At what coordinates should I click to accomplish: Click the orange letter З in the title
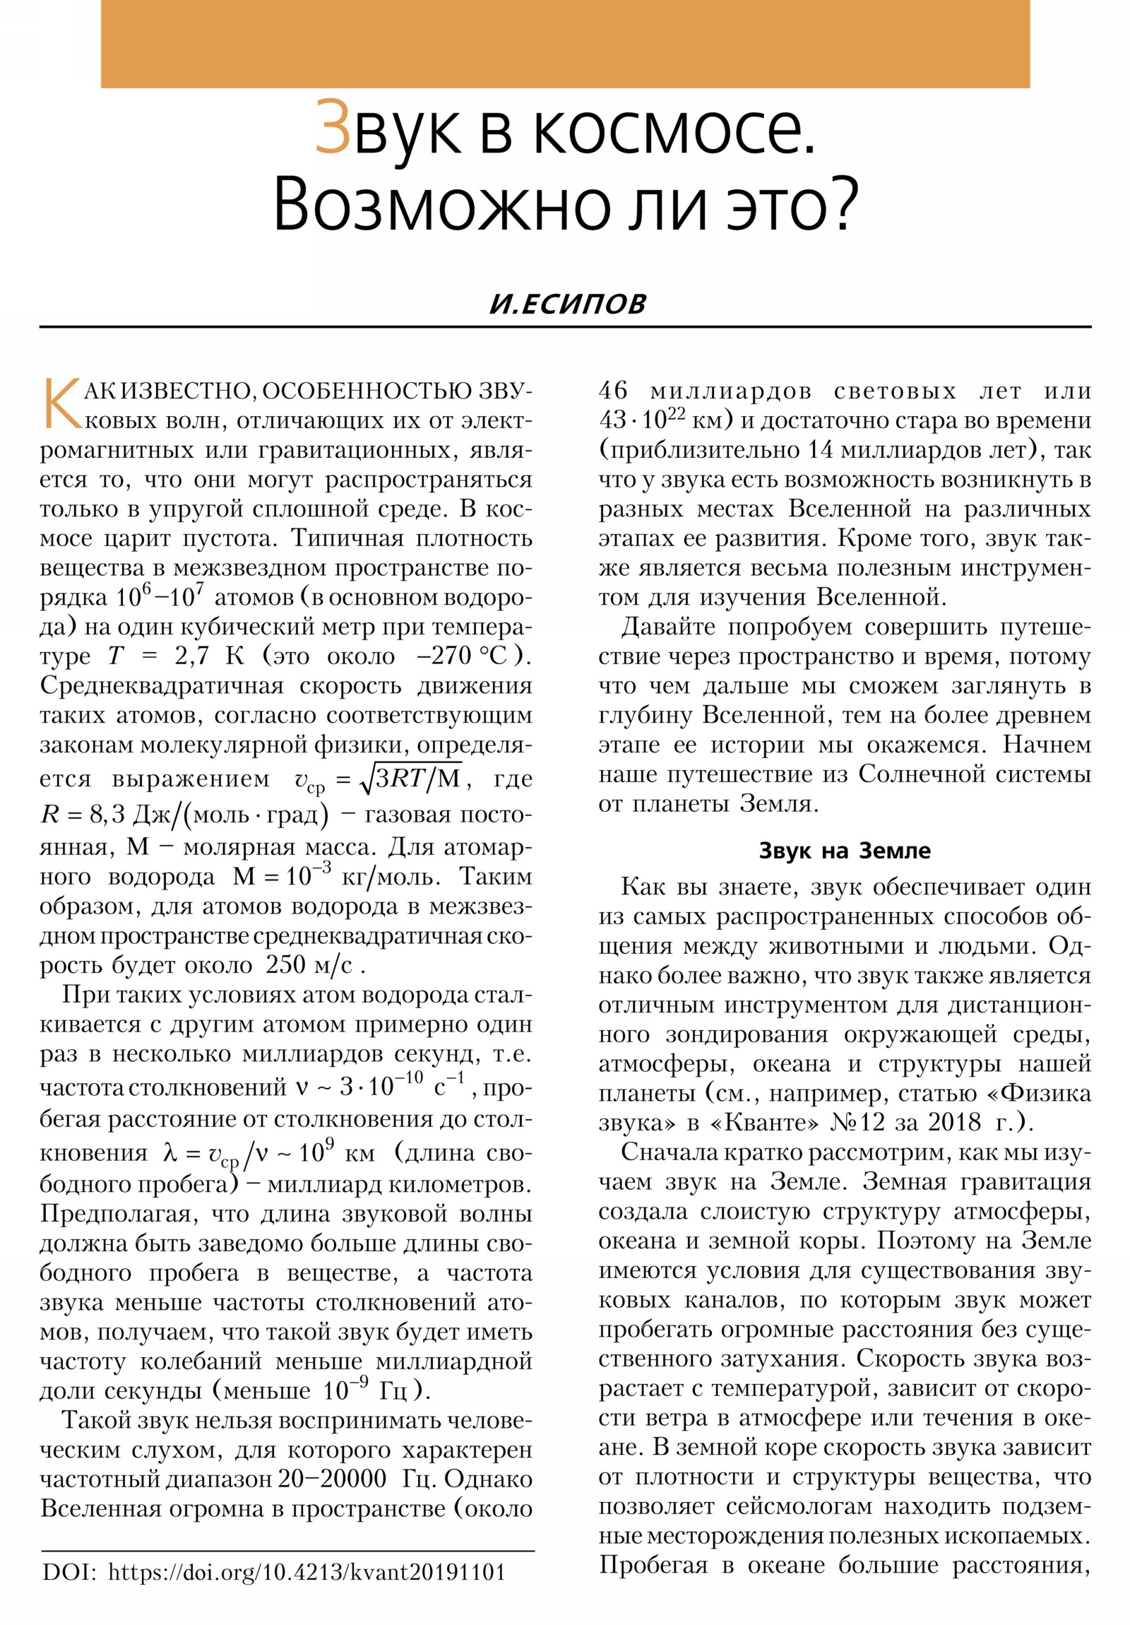[333, 127]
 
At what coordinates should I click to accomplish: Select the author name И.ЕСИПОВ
[568, 304]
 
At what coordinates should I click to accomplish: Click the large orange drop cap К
[61, 404]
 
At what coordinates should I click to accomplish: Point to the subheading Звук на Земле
[844, 850]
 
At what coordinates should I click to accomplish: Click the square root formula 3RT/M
[411, 779]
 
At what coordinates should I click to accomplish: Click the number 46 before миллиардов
[613, 390]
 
